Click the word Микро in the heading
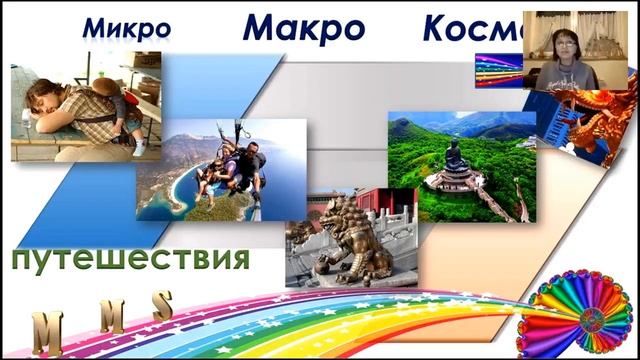(126, 29)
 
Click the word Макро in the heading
(303, 27)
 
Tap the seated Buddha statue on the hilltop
(456, 155)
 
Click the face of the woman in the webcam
(561, 46)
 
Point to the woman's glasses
(561, 43)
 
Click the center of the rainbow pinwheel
(577, 309)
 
